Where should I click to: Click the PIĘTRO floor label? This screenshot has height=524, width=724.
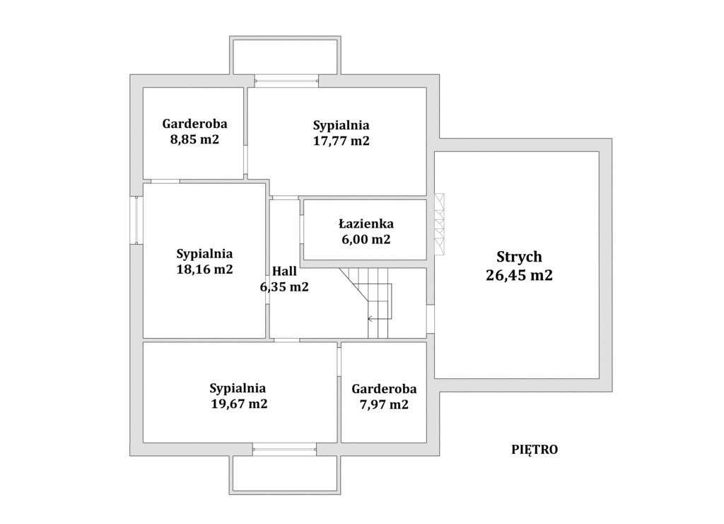tap(535, 449)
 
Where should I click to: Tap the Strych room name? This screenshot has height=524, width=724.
tap(519, 257)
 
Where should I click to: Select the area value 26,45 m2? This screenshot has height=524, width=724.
tap(519, 275)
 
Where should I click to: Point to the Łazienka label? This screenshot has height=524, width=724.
tap(366, 224)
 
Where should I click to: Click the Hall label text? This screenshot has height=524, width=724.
tap(284, 271)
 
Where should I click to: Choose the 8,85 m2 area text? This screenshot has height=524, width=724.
tap(194, 139)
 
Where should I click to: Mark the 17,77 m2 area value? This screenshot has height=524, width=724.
tap(341, 141)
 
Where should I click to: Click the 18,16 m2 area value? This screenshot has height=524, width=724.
tap(204, 269)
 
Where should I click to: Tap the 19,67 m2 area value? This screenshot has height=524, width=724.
tap(239, 404)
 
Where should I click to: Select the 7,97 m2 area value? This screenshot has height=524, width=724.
tap(384, 404)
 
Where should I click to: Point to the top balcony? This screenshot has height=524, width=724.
tap(286, 55)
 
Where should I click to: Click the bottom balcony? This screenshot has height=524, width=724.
tap(285, 475)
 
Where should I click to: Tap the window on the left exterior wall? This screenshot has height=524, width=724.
tap(136, 220)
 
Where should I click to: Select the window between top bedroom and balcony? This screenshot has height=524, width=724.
tap(287, 81)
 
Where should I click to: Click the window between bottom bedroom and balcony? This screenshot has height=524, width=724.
tap(284, 448)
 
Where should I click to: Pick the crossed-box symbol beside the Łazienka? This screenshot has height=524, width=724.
tap(439, 224)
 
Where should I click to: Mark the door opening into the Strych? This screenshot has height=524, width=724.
tap(430, 319)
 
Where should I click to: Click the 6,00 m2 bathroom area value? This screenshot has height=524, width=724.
tap(366, 240)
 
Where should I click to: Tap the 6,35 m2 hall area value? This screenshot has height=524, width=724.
tap(284, 287)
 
